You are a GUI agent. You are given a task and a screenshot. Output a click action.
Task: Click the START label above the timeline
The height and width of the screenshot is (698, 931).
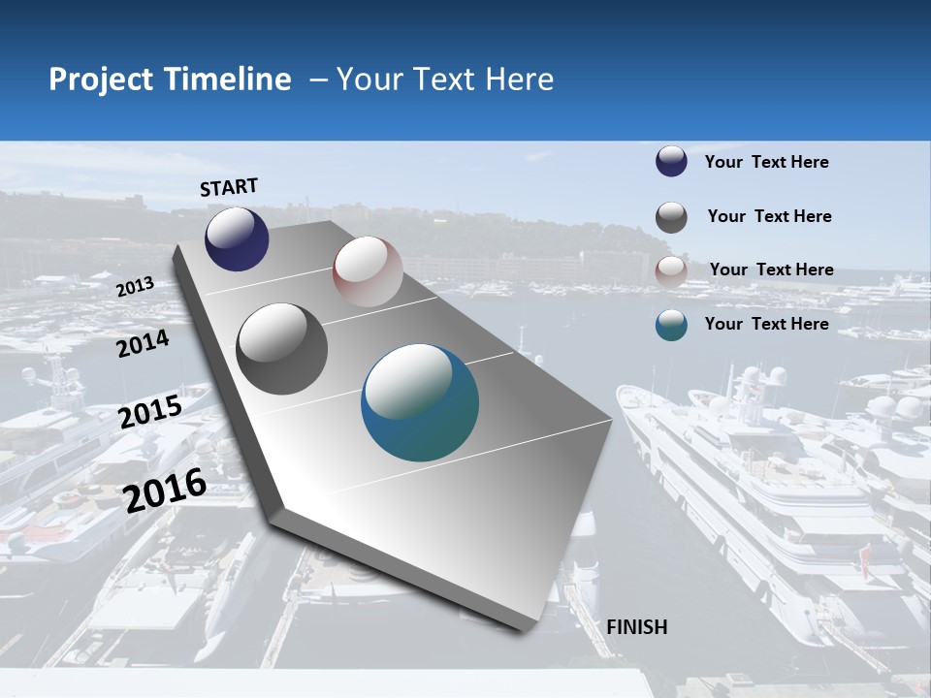click(229, 187)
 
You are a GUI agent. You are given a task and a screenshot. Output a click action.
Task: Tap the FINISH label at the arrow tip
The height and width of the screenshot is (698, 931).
click(637, 627)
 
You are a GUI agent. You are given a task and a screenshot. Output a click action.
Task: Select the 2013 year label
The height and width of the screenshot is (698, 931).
click(136, 287)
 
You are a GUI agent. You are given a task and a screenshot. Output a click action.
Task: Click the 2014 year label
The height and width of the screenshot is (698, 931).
click(144, 344)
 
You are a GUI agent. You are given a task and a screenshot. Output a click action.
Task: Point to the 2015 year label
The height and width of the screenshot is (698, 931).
click(150, 411)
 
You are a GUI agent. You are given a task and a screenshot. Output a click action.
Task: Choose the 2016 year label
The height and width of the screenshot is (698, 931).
click(166, 490)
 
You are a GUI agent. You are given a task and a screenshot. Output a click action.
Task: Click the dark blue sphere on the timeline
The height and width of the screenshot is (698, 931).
click(237, 239)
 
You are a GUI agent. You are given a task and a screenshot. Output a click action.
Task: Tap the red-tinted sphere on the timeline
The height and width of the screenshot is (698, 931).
click(368, 271)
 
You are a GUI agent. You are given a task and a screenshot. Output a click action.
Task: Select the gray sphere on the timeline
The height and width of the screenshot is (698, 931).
click(282, 349)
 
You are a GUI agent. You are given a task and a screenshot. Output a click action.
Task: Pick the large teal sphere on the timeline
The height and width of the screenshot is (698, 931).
click(420, 403)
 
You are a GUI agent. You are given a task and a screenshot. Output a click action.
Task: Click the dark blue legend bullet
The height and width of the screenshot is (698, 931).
click(671, 162)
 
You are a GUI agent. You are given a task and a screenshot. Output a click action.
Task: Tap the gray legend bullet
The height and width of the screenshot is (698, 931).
click(671, 217)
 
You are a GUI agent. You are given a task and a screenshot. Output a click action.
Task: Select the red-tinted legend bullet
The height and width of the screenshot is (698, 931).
click(671, 270)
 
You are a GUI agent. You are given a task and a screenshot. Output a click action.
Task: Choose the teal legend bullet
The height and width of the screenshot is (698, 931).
click(671, 325)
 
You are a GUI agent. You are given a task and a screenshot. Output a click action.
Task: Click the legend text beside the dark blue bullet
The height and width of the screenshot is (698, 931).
click(767, 162)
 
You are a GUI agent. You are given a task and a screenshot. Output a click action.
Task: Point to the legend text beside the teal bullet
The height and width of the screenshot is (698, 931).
click(767, 324)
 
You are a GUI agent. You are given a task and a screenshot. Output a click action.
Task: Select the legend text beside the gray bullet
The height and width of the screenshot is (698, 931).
click(770, 216)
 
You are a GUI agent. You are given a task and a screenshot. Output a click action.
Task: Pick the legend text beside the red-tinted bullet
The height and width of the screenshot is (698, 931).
click(772, 270)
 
